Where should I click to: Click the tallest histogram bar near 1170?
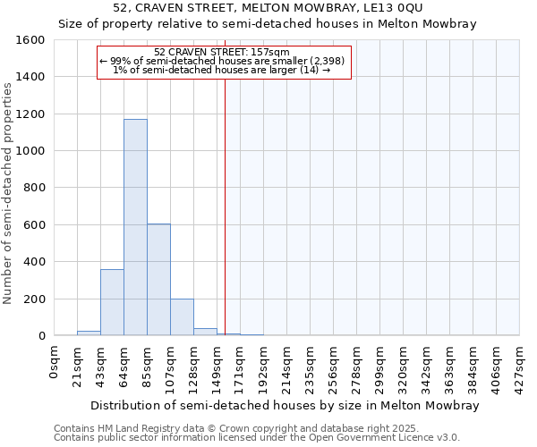click(x=135, y=228)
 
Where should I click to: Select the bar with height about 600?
click(x=158, y=280)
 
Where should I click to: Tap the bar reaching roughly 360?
click(x=112, y=302)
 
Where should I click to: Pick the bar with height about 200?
click(x=182, y=317)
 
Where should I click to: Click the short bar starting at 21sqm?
click(x=89, y=333)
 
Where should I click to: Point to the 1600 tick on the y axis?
click(x=30, y=41)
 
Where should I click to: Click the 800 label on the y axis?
click(x=34, y=189)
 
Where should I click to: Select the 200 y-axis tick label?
click(x=34, y=299)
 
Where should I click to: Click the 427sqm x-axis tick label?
click(x=520, y=367)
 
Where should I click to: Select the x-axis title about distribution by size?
click(x=285, y=405)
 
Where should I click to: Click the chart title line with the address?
click(x=268, y=8)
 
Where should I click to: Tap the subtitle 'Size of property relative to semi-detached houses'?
click(x=268, y=24)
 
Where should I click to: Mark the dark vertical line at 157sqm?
click(x=226, y=206)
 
